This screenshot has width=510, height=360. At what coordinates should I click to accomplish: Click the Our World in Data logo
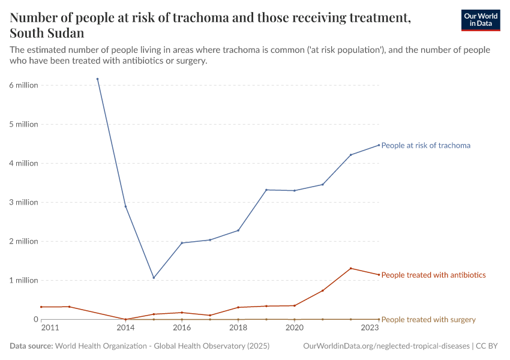480,20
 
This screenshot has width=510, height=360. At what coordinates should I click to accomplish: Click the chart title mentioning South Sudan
210,25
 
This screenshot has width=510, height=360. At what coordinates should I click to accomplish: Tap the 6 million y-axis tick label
24,85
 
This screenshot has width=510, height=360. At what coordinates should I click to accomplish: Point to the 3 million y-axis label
24,202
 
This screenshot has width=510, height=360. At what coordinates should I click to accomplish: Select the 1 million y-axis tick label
24,280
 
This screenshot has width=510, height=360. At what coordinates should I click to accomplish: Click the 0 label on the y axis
35,319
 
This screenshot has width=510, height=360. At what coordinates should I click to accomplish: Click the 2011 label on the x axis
50,328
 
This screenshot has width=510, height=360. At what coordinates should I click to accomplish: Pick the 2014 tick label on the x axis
125,328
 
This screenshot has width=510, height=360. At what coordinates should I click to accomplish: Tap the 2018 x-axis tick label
238,328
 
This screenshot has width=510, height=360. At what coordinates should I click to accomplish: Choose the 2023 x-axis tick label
370,328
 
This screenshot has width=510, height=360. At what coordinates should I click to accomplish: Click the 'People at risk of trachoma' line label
425,145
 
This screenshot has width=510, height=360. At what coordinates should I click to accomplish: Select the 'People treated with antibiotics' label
433,275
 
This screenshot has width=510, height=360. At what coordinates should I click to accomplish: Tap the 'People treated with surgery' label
428,319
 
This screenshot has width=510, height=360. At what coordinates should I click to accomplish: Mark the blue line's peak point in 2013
97,79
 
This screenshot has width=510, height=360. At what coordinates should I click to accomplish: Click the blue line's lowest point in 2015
154,278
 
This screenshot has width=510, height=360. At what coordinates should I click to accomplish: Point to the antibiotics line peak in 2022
351,268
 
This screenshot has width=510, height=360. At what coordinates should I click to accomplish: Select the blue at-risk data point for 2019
266,190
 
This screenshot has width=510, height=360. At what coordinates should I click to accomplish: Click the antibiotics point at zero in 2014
125,319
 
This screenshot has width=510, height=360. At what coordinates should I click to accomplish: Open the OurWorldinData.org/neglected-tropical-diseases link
387,346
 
